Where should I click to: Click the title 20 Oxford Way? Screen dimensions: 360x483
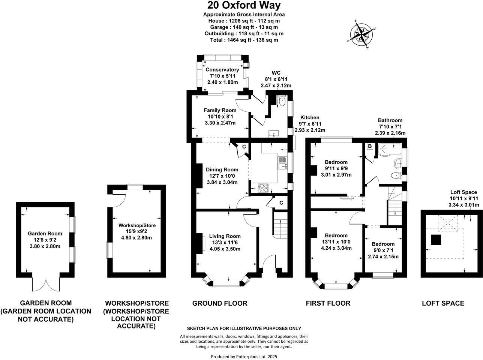244,6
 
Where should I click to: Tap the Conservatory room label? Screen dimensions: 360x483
222,70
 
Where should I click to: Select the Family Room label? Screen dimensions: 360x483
220,110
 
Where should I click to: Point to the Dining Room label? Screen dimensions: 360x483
222,169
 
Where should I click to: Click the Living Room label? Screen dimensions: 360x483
225,236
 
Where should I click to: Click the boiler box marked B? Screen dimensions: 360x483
370,147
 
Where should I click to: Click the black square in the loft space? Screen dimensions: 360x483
436,240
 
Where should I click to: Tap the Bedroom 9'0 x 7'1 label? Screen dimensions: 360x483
383,244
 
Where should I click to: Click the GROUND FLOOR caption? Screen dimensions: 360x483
220,303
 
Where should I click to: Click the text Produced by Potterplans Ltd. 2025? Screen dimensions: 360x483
244,357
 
